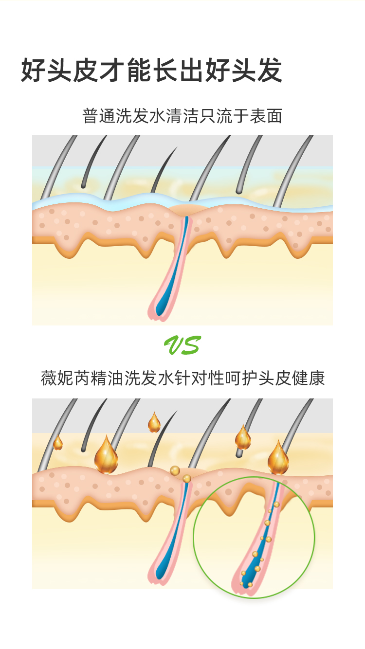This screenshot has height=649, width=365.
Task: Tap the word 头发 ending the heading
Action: pos(265,71)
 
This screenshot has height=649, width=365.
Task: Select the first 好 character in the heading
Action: pos(34,71)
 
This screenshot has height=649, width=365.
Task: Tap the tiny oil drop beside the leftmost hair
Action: pos(58,443)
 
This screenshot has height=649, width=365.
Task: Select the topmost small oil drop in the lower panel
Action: pos(154,423)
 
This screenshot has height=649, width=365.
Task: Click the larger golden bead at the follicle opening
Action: pos(175,470)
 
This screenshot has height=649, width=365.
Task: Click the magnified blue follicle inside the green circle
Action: pos(258,550)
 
